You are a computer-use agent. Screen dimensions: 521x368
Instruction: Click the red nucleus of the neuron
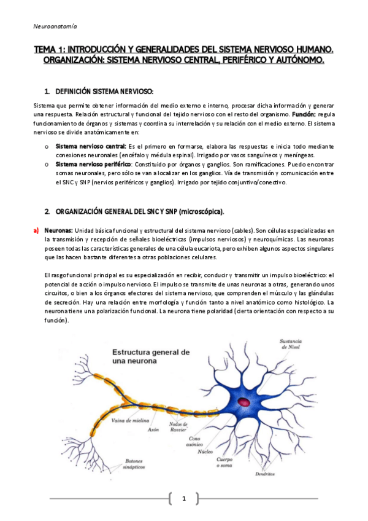tap(244, 402)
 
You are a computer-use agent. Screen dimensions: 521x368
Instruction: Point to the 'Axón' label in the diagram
tap(153, 430)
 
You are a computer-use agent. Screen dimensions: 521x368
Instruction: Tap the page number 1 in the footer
tap(183, 499)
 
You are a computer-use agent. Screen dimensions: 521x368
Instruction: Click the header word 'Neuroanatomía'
tap(55, 26)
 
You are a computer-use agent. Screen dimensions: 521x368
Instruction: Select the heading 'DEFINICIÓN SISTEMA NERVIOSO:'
tap(104, 91)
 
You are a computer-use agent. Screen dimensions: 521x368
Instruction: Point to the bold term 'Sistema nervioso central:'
tap(90, 147)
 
